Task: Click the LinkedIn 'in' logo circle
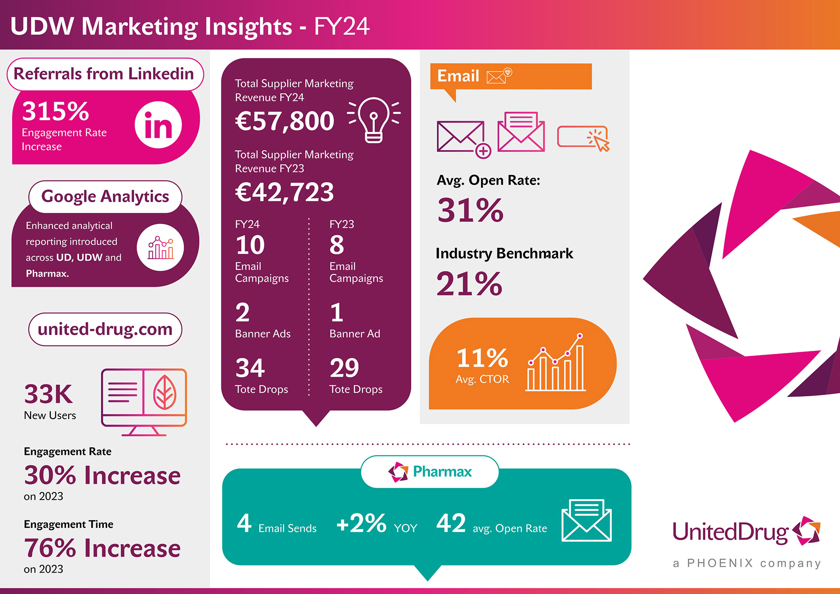pos(158,125)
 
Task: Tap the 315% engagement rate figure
pos(56,111)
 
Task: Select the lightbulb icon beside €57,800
pos(374,119)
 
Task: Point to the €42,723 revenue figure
pos(284,192)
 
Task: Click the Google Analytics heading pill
pos(105,196)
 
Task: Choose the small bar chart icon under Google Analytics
pos(160,248)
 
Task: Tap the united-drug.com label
pos(105,329)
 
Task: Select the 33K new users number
pos(48,394)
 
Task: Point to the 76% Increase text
pos(102,548)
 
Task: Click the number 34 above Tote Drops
pos(250,368)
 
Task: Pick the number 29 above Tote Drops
pos(344,368)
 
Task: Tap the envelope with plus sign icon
pos(463,138)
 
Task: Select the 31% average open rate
pos(470,210)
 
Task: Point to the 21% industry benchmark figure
pos(469,284)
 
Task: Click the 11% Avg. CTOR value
pos(482,358)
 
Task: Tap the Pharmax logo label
pos(430,472)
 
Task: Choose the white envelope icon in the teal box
pos(586,520)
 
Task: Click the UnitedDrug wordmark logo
pos(746,532)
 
